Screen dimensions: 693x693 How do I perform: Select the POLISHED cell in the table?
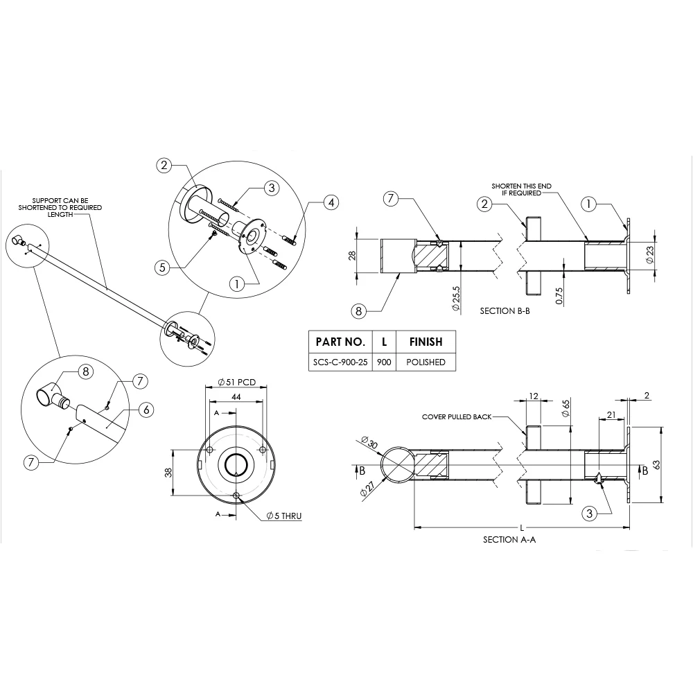click(x=426, y=362)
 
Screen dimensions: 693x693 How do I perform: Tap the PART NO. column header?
click(x=340, y=342)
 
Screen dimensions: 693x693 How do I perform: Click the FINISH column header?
click(x=426, y=342)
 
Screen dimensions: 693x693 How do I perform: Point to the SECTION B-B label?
click(x=506, y=312)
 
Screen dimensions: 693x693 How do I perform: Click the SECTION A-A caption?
click(x=509, y=539)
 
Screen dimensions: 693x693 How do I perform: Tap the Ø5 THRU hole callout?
click(x=284, y=516)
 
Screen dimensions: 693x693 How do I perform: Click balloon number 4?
click(x=331, y=202)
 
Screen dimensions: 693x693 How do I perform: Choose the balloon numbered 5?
click(x=162, y=267)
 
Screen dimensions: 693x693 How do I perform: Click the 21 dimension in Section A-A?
click(x=611, y=414)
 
